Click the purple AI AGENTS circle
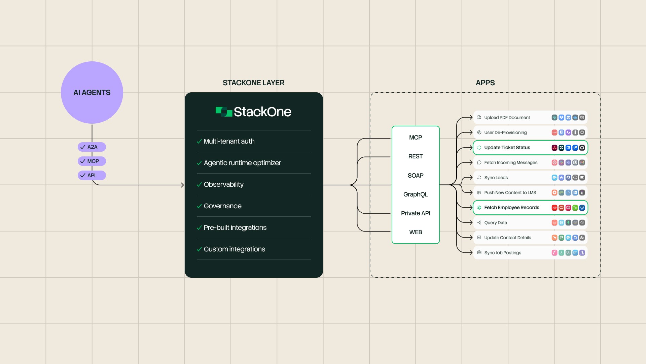(x=92, y=92)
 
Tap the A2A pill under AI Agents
(x=92, y=147)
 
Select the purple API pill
(x=92, y=175)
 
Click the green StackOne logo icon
(x=224, y=112)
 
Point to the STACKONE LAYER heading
(x=253, y=83)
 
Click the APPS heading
(x=485, y=83)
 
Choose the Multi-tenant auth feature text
(x=229, y=141)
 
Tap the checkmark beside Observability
(x=199, y=185)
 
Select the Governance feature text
(x=222, y=206)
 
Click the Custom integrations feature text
(x=234, y=249)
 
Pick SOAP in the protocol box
(x=416, y=176)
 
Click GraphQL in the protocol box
(x=416, y=194)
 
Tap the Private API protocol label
(x=416, y=213)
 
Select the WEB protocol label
(x=416, y=232)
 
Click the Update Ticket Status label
(x=507, y=148)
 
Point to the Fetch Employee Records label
(x=511, y=208)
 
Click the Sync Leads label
(x=496, y=178)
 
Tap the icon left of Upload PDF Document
(x=479, y=118)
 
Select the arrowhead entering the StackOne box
(x=182, y=185)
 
